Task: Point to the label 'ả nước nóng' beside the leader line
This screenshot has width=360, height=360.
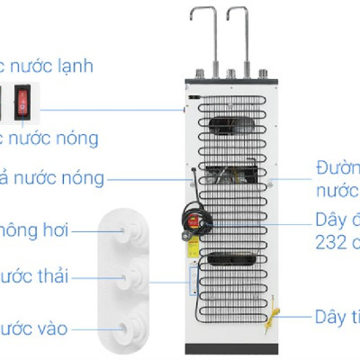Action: coord(54,177)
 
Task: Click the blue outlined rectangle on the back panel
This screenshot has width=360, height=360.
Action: coord(192,280)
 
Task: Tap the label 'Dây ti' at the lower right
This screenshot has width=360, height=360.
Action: coord(337,317)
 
